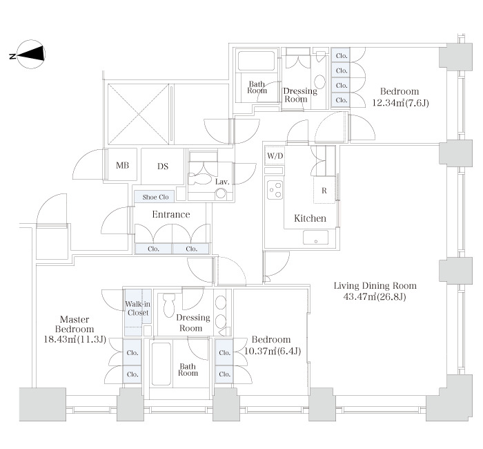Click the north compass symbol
(31, 55)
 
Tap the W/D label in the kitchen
(275, 155)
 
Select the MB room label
(122, 166)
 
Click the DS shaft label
(163, 166)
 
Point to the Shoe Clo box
(155, 197)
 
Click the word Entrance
(171, 214)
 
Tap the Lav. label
(222, 182)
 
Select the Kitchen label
(310, 218)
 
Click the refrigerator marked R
(324, 190)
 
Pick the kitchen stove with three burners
(274, 190)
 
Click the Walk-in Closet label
(138, 308)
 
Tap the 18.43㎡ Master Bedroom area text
(75, 340)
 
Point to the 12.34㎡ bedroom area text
(400, 103)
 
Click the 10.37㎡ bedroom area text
(273, 351)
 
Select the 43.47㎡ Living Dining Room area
(375, 296)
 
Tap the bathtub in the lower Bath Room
(161, 363)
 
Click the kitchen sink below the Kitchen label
(316, 238)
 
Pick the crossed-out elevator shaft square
(138, 114)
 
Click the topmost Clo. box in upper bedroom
(341, 56)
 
